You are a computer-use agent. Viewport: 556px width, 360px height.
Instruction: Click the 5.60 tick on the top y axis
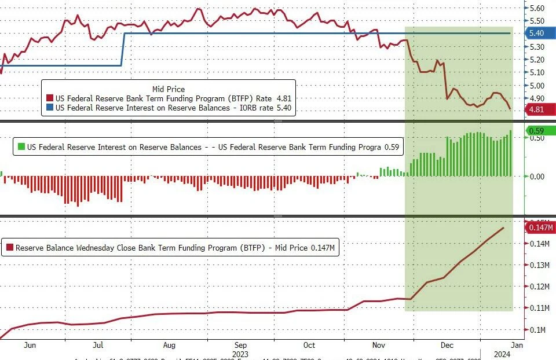537,8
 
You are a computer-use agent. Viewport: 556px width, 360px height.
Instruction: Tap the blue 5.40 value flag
537,33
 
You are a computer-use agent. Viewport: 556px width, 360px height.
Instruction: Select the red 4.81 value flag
537,109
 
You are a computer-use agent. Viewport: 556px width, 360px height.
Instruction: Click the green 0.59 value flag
537,131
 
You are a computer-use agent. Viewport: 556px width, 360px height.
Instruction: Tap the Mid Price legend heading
169,89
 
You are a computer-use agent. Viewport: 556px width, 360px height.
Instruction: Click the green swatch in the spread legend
22,147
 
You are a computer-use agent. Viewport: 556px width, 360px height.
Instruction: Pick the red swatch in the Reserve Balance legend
9,248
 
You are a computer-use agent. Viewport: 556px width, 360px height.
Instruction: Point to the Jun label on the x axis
30,345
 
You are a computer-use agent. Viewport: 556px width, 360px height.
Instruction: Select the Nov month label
379,345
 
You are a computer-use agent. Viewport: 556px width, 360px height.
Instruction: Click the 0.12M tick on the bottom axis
539,287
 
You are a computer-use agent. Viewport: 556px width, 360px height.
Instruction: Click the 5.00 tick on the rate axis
537,86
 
